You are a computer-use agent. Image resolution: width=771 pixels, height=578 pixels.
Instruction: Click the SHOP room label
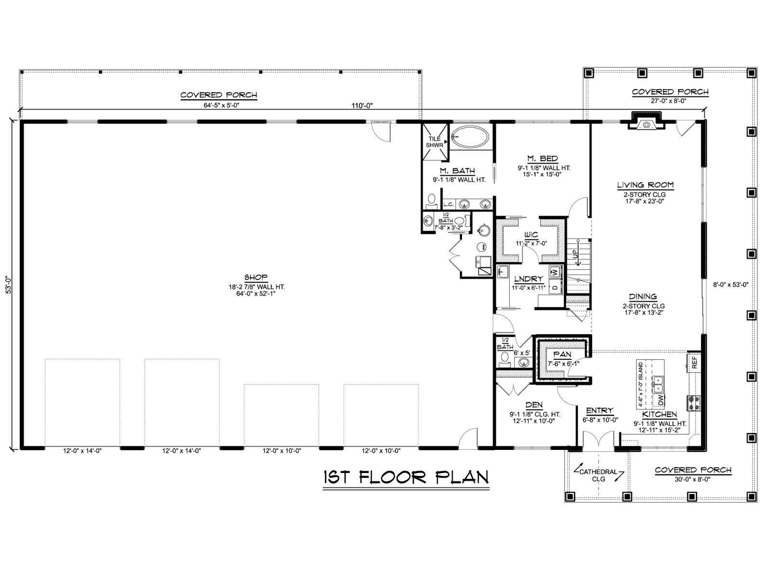(x=256, y=277)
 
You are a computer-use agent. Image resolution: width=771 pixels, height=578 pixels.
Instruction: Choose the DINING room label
(x=643, y=297)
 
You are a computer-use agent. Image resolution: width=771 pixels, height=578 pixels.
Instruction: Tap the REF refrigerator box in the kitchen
(x=694, y=362)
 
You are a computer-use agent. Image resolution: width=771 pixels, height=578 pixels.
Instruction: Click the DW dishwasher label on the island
(x=661, y=400)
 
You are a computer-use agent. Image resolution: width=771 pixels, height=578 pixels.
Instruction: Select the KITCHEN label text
(x=659, y=414)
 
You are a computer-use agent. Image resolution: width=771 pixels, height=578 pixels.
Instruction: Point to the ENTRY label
(x=599, y=410)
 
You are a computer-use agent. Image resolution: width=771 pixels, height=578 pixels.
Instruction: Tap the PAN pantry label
(x=562, y=355)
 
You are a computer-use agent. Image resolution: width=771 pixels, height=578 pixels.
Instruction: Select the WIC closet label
(x=531, y=235)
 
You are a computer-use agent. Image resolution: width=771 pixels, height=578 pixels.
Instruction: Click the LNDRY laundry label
(x=529, y=279)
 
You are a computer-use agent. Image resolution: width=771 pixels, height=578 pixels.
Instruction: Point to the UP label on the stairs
(x=575, y=254)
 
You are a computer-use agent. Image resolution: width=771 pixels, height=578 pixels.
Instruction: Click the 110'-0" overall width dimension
(x=362, y=105)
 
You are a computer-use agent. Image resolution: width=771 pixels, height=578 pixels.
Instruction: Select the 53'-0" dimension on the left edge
(x=8, y=285)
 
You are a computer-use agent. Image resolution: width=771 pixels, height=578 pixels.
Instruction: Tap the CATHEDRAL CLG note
(x=598, y=475)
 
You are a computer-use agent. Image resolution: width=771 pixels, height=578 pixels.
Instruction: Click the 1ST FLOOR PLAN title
(x=406, y=478)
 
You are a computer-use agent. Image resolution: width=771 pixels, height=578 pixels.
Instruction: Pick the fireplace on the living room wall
(x=646, y=121)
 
